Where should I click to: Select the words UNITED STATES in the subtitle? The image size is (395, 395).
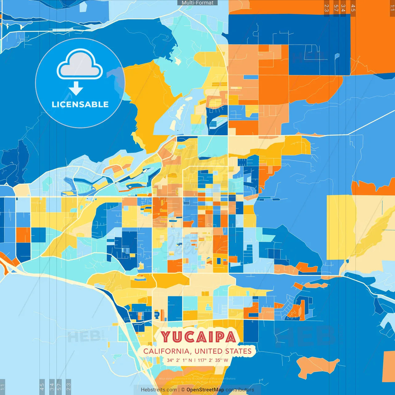(x=223, y=351)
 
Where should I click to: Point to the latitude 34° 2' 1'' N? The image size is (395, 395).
(x=179, y=360)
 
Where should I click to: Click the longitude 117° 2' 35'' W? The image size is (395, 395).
(x=213, y=360)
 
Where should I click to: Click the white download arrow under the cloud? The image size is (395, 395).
(x=76, y=89)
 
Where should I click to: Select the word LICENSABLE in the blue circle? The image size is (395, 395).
(x=80, y=104)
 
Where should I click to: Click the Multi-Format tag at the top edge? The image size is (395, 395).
(x=197, y=3)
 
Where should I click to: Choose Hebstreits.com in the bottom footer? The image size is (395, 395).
(x=159, y=390)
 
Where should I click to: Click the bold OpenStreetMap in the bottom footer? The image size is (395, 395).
(x=205, y=390)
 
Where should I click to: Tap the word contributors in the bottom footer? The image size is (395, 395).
(x=240, y=390)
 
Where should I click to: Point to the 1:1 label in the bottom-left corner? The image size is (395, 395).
(x=2, y=387)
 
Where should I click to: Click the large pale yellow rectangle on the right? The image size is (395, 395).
(x=341, y=227)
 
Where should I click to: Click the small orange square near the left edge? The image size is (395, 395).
(x=23, y=235)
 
